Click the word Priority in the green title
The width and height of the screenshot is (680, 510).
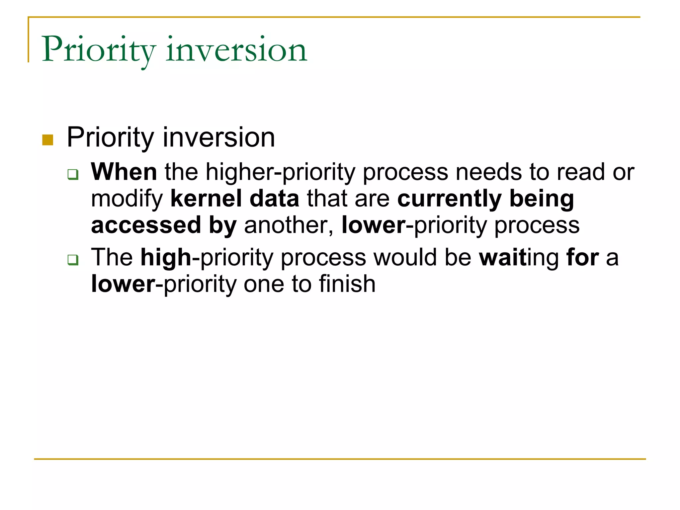98,50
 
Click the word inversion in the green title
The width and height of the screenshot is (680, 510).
236,50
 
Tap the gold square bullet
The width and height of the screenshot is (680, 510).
48,140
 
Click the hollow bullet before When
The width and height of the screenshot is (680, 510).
73,174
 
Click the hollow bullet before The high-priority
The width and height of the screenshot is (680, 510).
73,259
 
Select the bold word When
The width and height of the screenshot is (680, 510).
124,172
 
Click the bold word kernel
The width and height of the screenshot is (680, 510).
206,199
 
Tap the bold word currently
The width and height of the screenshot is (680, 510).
449,199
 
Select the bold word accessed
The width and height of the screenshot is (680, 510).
146,225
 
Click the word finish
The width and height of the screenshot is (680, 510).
347,284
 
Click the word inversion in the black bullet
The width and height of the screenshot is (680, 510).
218,137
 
